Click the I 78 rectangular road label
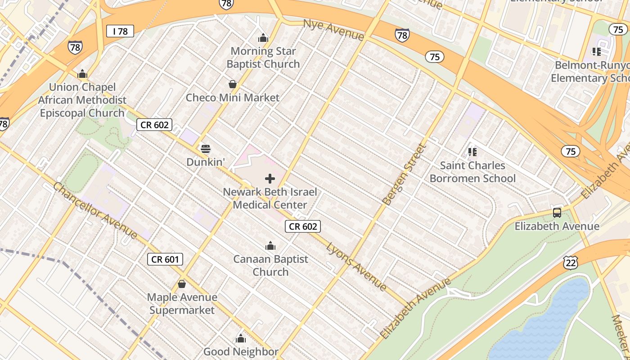pyautogui.click(x=120, y=31)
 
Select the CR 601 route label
pyautogui.click(x=165, y=259)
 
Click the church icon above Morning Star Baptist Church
pyautogui.click(x=263, y=38)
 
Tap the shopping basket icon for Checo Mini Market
pyautogui.click(x=233, y=84)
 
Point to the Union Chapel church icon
pyautogui.click(x=82, y=74)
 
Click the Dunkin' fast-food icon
pyautogui.click(x=206, y=149)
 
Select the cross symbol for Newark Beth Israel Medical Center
pyautogui.click(x=270, y=179)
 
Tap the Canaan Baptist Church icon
pyautogui.click(x=270, y=246)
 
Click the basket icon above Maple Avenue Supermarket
pyautogui.click(x=182, y=284)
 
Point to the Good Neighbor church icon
pyautogui.click(x=241, y=338)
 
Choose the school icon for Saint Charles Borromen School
pyautogui.click(x=472, y=152)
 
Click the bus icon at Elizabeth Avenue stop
pyautogui.click(x=557, y=213)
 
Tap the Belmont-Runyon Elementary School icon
pyautogui.click(x=597, y=52)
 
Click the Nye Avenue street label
pyautogui.click(x=333, y=30)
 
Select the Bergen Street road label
pyautogui.click(x=403, y=175)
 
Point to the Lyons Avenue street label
pyautogui.click(x=356, y=266)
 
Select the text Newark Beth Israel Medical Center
pyautogui.click(x=270, y=198)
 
